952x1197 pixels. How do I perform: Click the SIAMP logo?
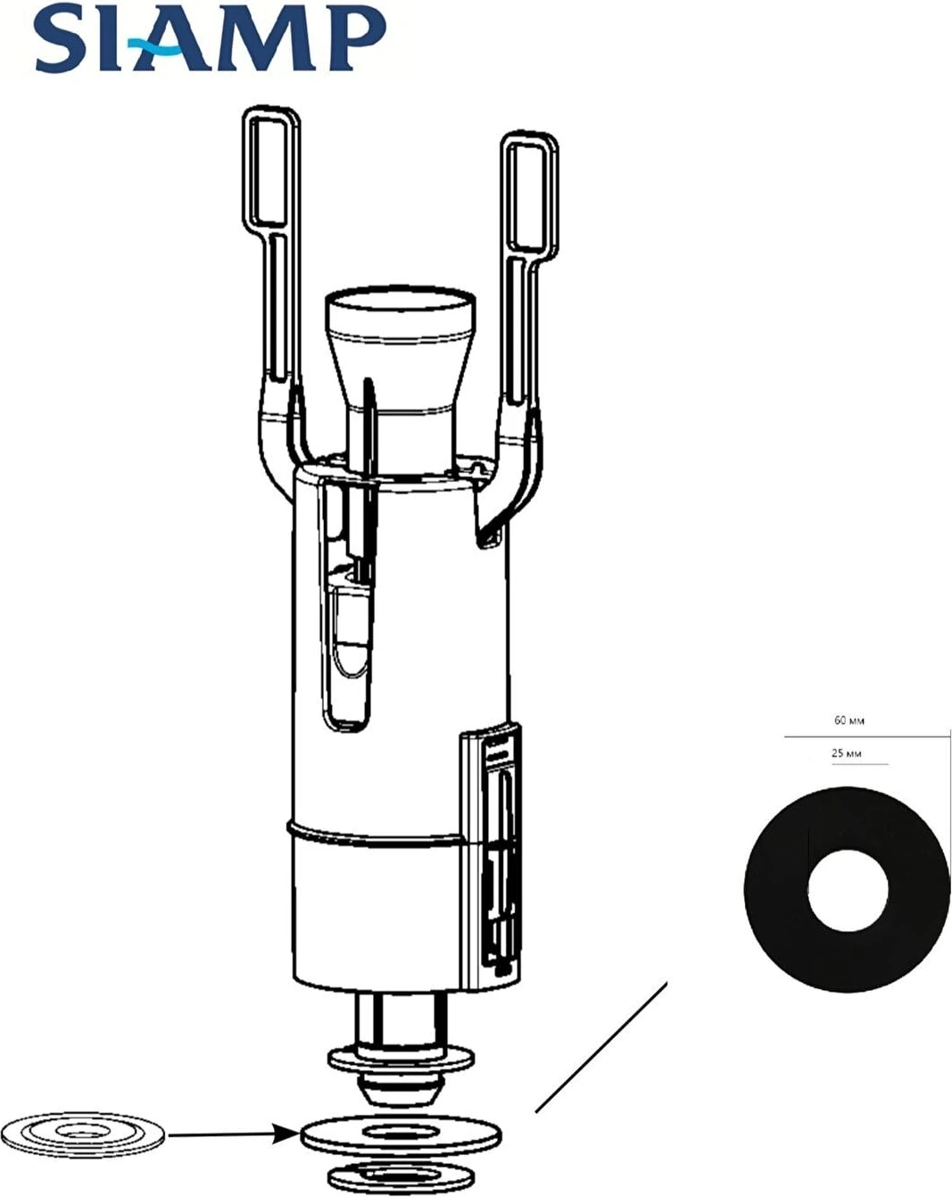pos(211,37)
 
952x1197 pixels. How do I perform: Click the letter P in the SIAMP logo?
pos(360,37)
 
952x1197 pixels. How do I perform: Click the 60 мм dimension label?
pos(849,720)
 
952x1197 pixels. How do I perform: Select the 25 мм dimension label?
pos(846,753)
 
